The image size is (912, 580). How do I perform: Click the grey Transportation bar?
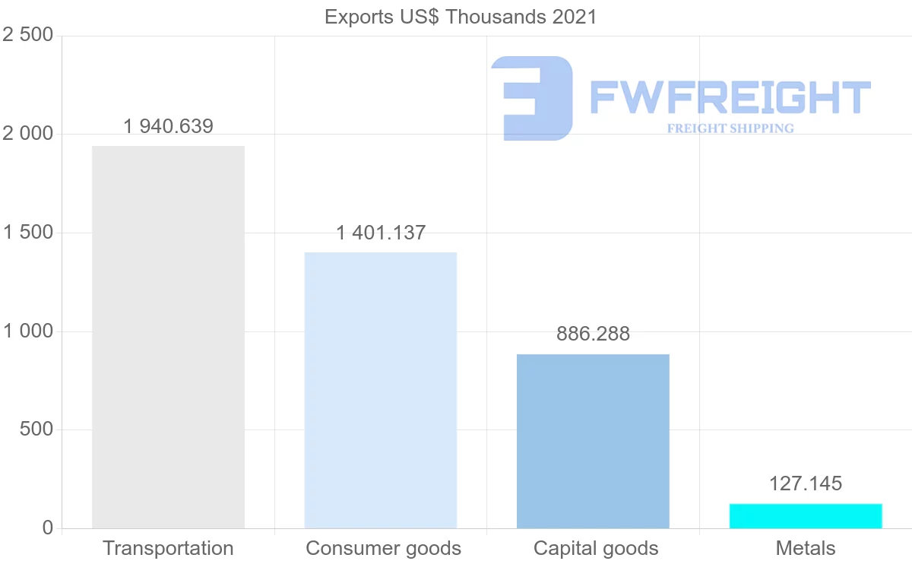tap(168, 337)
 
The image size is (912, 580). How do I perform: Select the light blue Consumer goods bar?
tap(380, 390)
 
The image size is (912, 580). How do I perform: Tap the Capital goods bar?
tap(593, 441)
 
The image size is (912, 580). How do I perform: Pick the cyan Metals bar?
tap(806, 515)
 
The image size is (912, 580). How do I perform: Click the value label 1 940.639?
tap(168, 126)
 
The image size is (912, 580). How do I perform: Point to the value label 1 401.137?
tap(381, 233)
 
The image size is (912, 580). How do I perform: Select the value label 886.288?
tap(593, 334)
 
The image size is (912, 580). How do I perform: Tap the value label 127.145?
tap(806, 483)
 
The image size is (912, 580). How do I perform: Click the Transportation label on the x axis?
tap(168, 548)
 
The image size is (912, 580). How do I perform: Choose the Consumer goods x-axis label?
tap(383, 548)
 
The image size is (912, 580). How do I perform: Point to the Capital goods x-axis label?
tap(596, 548)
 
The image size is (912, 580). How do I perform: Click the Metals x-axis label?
tap(806, 548)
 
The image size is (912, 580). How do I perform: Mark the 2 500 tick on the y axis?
tap(27, 36)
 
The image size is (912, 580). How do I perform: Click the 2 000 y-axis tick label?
tap(27, 134)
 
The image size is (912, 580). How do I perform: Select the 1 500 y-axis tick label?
tap(27, 233)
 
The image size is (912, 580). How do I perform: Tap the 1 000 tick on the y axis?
tap(27, 331)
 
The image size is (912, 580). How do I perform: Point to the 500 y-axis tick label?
tap(35, 429)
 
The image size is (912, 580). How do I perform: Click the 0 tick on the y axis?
tap(47, 528)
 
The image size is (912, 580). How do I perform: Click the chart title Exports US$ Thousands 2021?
tap(461, 17)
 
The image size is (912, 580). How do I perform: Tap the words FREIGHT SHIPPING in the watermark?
tap(730, 128)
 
